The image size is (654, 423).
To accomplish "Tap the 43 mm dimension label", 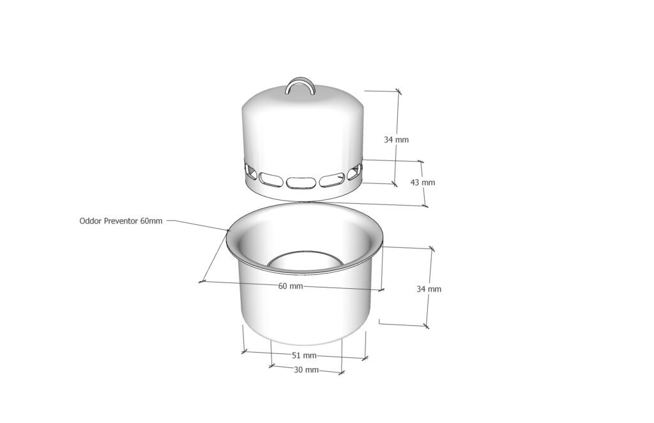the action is pyautogui.click(x=423, y=182).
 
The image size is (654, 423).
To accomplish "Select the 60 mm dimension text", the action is pyautogui.click(x=291, y=286).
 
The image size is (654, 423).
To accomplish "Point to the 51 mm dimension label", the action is pyautogui.click(x=303, y=355).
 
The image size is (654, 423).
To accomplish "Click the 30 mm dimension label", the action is pyautogui.click(x=306, y=369).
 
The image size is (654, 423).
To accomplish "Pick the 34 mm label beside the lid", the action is pyautogui.click(x=396, y=140).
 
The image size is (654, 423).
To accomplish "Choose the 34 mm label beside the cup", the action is pyautogui.click(x=429, y=289).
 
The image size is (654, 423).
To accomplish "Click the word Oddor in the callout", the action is pyautogui.click(x=89, y=220).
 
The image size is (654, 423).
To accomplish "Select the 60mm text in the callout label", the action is pyautogui.click(x=151, y=220).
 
